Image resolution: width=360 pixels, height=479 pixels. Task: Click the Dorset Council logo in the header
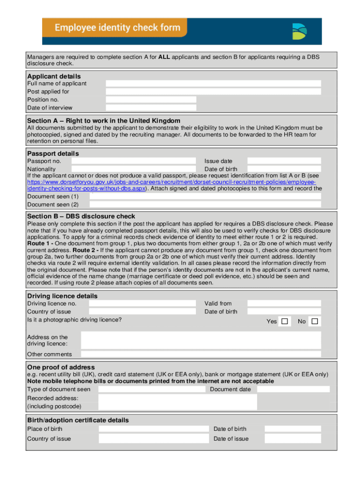click(x=299, y=31)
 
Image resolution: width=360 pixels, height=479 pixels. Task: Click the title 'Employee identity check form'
click(x=117, y=28)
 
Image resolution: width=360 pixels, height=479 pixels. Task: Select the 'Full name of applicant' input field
click(x=213, y=84)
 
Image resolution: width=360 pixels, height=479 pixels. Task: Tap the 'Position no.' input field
click(x=151, y=100)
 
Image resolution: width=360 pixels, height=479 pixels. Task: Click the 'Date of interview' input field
click(x=151, y=108)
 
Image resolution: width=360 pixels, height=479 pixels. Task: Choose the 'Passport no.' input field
click(x=133, y=161)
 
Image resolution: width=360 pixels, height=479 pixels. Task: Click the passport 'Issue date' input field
click(x=284, y=161)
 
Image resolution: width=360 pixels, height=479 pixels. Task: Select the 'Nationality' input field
click(x=133, y=169)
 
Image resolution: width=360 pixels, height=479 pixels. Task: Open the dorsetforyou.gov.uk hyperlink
click(x=171, y=181)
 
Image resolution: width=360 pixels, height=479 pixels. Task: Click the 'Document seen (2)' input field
click(x=205, y=204)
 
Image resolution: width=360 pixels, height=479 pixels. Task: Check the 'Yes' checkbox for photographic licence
click(x=285, y=321)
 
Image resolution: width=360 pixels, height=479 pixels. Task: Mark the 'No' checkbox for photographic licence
click(x=315, y=321)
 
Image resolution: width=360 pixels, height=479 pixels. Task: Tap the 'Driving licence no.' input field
click(x=142, y=304)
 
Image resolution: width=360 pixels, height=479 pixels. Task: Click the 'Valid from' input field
click(x=284, y=304)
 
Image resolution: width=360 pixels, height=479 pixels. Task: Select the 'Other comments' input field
click(x=201, y=354)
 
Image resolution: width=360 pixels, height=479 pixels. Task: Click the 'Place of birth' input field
click(x=153, y=429)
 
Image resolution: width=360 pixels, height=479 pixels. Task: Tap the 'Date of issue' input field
click(x=293, y=439)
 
